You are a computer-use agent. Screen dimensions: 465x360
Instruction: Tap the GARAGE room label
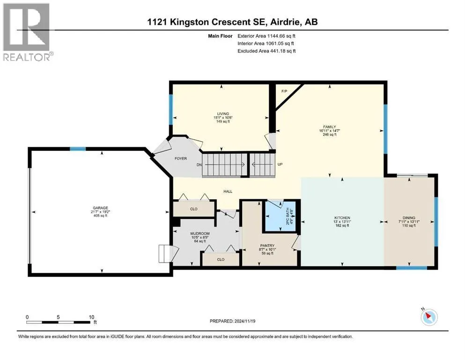pos(100,208)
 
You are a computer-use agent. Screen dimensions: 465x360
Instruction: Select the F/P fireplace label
pos(284,91)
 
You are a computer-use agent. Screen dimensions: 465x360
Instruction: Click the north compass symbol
pos(429,317)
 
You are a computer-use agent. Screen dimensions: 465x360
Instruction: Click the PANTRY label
pos(267,246)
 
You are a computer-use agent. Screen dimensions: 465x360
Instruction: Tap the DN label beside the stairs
pos(199,165)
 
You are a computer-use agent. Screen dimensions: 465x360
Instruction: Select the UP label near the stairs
pos(280,164)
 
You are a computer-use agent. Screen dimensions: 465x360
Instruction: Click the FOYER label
pos(181,158)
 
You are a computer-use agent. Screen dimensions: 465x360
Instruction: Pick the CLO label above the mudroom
pos(194,209)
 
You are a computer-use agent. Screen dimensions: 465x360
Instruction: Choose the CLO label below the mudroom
pos(221,259)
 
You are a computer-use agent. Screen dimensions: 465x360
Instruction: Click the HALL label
pos(228,191)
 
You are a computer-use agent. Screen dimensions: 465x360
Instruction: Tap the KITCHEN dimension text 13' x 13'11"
pos(342,222)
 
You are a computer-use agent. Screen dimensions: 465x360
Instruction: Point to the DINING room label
pos(409,218)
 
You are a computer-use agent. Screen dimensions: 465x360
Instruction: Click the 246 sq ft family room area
pos(330,135)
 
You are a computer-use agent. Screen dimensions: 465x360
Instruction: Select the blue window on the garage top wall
pos(78,149)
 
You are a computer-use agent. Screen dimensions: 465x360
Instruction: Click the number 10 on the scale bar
pos(91,317)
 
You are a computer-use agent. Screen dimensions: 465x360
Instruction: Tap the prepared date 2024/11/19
pos(244,321)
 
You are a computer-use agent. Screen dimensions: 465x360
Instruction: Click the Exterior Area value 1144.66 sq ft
pos(281,36)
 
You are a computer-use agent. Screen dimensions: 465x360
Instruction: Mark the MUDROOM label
pos(200,233)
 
